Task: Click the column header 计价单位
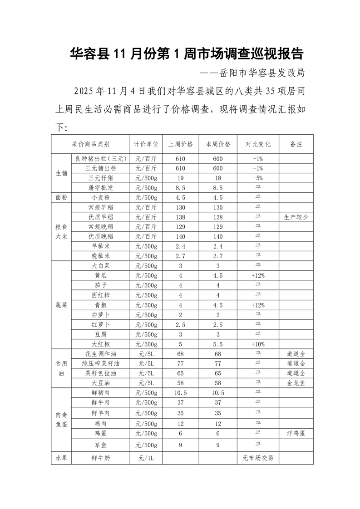pyautogui.click(x=146, y=144)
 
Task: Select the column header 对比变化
pyautogui.click(x=258, y=144)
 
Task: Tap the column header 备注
pyautogui.click(x=296, y=144)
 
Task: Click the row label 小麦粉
pyautogui.click(x=100, y=198)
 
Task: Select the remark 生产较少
pyautogui.click(x=296, y=217)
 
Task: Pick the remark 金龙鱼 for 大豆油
pyautogui.click(x=296, y=383)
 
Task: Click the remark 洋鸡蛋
pyautogui.click(x=296, y=433)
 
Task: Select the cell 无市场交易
pyautogui.click(x=258, y=458)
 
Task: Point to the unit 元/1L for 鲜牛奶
pyautogui.click(x=146, y=458)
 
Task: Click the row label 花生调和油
pyautogui.click(x=100, y=354)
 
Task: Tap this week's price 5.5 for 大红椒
pyautogui.click(x=218, y=344)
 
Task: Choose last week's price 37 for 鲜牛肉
pyautogui.click(x=180, y=402)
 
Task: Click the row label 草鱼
pyautogui.click(x=100, y=445)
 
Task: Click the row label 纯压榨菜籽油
pyautogui.click(x=100, y=363)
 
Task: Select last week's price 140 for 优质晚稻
pyautogui.click(x=180, y=236)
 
